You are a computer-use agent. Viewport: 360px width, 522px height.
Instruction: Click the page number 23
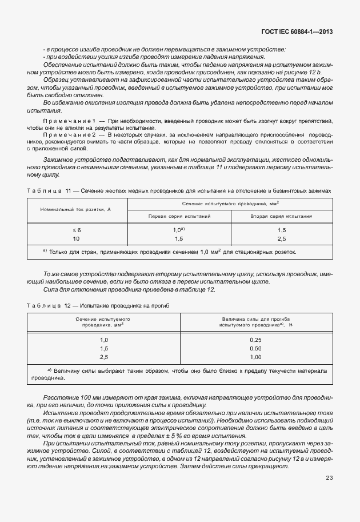(329, 494)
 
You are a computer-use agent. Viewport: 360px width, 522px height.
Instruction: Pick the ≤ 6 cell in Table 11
(77, 230)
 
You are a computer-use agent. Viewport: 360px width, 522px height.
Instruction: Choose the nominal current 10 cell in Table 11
(77, 238)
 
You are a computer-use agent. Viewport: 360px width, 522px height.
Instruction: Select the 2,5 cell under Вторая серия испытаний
(297, 238)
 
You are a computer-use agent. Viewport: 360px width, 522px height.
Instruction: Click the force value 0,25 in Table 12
(255, 340)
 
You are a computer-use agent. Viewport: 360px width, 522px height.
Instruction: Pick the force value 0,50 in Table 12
(255, 348)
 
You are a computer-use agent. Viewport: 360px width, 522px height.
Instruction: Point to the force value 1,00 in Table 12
(255, 357)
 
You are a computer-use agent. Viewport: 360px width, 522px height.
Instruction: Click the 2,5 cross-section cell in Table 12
(104, 357)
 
